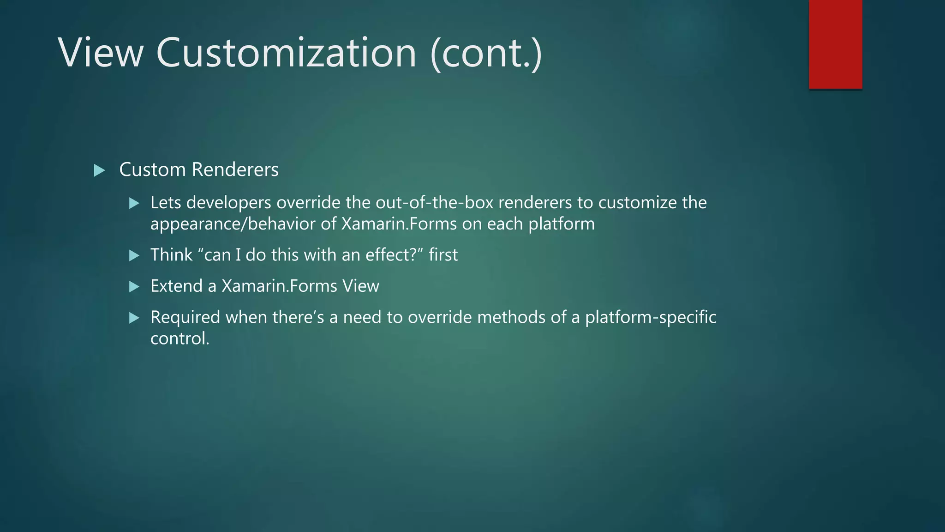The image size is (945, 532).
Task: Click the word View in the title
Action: coord(101,53)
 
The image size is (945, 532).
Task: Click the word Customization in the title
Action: coord(286,53)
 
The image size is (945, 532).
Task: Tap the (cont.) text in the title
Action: coord(486,53)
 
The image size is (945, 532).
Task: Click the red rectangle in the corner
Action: coord(835,44)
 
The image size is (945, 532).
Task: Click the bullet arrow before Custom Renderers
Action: coord(99,170)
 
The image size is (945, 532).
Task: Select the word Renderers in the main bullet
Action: coord(235,169)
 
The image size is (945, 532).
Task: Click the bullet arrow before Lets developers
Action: coord(134,203)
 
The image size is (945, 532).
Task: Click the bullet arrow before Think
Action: coord(134,255)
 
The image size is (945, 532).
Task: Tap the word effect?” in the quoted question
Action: coord(394,255)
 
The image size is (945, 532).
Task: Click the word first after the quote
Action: coord(443,255)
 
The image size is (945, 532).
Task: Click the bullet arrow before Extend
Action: coord(134,287)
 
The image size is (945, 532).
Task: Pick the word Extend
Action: coord(176,286)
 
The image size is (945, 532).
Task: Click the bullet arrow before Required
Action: coord(134,318)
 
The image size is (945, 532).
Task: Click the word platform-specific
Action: coord(651,318)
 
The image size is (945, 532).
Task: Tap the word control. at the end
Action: coord(180,339)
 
